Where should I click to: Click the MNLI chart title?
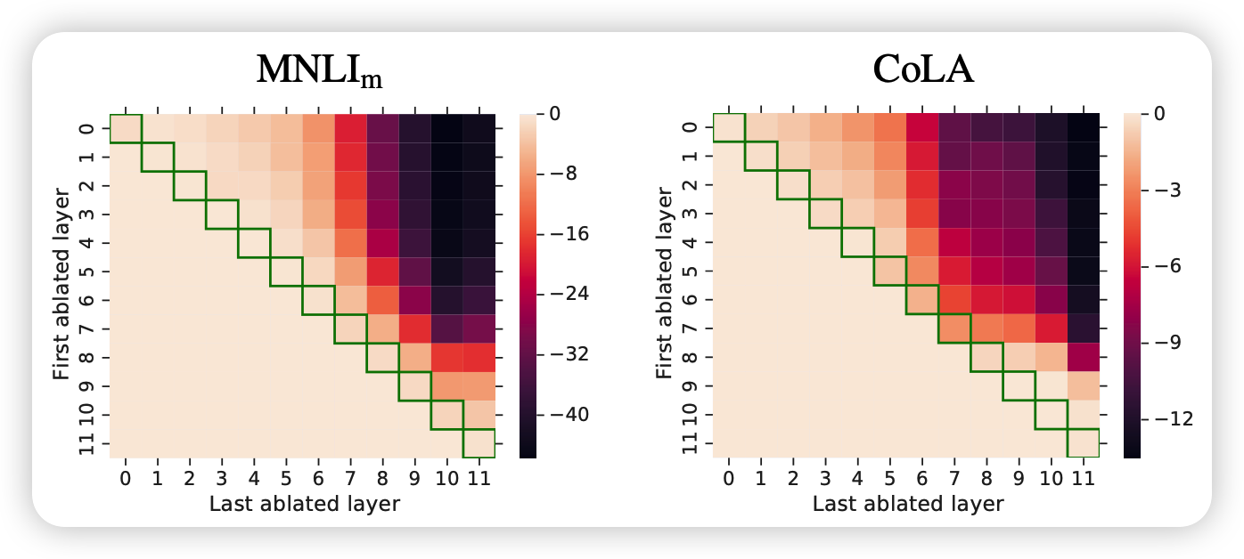tap(319, 71)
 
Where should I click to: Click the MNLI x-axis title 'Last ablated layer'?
tap(304, 504)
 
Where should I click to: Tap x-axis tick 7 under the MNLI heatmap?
tap(350, 480)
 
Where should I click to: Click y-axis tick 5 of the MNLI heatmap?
tap(86, 271)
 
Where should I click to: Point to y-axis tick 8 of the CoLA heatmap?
tap(690, 357)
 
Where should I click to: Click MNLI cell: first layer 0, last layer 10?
tap(446, 129)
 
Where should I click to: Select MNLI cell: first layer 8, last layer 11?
tap(479, 357)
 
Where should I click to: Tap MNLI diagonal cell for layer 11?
tap(479, 442)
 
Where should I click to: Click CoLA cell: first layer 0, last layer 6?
tap(922, 129)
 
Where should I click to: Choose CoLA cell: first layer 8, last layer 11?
tap(1083, 357)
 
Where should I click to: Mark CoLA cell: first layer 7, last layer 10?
tap(1051, 328)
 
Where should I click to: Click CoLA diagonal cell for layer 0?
tap(730, 129)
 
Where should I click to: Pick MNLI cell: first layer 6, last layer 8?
tap(382, 300)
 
